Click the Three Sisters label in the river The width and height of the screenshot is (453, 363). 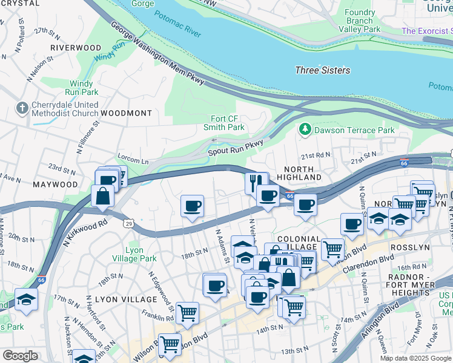pyautogui.click(x=322, y=70)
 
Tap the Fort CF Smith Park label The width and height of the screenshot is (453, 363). pyautogui.click(x=227, y=123)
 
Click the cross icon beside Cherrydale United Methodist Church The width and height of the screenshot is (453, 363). pyautogui.click(x=23, y=108)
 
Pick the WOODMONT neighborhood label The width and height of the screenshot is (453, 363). pyautogui.click(x=126, y=113)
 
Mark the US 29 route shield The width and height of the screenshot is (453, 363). pyautogui.click(x=129, y=223)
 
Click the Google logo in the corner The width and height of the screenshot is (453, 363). pyautogui.click(x=20, y=356)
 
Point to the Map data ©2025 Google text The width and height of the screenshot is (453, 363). pyautogui.click(x=415, y=358)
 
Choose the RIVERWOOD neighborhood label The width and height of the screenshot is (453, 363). pyautogui.click(x=75, y=47)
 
